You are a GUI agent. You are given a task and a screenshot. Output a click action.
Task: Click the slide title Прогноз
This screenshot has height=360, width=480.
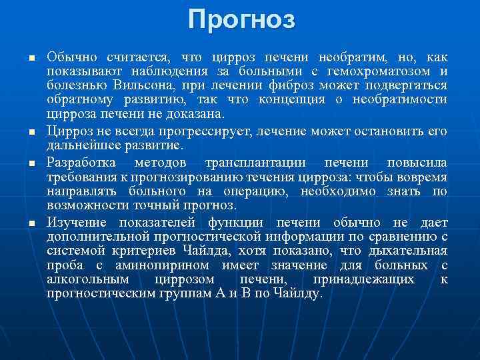(x=240, y=19)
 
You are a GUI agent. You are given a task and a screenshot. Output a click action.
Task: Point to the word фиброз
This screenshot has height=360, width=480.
(x=312, y=86)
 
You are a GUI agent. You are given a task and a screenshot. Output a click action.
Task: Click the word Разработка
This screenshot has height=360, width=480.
(x=81, y=163)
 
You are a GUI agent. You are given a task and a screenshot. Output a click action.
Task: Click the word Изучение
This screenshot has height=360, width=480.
(x=77, y=223)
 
